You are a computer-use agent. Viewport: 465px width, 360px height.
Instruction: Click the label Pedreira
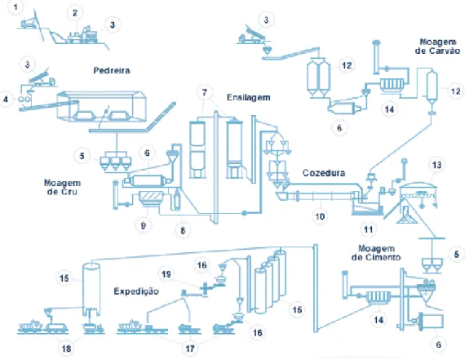point(112,71)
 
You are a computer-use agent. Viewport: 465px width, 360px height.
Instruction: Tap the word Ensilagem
point(249,98)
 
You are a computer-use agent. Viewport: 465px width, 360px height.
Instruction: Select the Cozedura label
point(324,173)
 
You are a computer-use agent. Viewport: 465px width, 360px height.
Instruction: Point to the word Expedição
point(136,291)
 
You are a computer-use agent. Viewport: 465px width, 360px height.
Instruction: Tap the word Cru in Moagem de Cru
point(71,192)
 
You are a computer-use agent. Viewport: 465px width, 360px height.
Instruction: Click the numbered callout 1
point(15,7)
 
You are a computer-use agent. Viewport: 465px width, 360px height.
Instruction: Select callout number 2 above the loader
point(75,13)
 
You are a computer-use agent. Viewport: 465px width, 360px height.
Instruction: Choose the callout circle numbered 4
point(6,99)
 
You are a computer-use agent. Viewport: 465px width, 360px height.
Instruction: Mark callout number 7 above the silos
point(204,92)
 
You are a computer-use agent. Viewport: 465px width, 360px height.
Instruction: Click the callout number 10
point(320,216)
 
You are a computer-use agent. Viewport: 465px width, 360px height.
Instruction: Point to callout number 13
point(436,165)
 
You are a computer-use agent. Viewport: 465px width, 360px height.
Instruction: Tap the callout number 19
point(166,274)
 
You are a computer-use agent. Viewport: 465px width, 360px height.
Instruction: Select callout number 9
point(144,225)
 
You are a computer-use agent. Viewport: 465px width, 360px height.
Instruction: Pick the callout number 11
point(368,229)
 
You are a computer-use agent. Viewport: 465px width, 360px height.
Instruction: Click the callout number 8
point(183,230)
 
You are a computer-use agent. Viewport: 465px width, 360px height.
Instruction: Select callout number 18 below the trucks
point(66,349)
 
